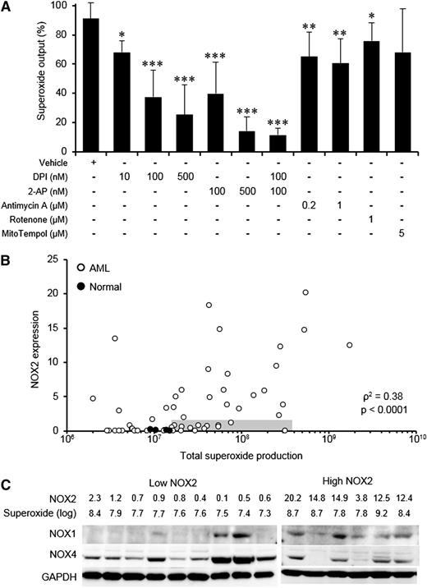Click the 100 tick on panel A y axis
coord(66,7)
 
